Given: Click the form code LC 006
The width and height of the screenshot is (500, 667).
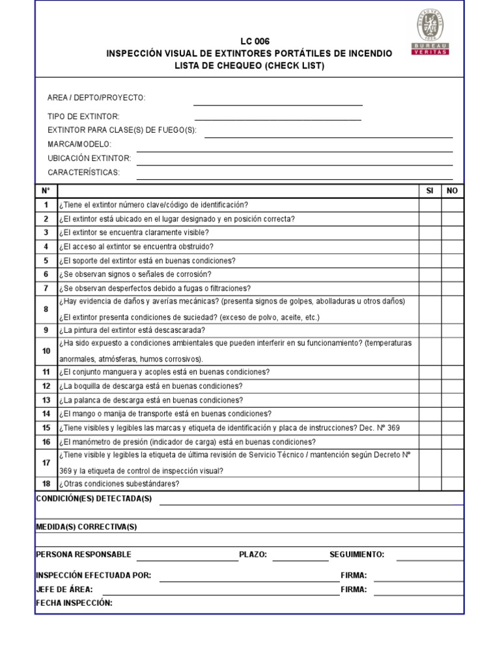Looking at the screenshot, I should pos(249,41).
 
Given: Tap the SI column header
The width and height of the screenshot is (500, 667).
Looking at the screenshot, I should pos(430,191).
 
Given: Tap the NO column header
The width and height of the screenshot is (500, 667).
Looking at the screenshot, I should pos(452,191).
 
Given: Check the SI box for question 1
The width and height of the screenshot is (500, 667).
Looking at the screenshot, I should pos(430,205).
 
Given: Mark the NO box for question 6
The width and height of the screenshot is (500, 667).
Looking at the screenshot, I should pos(452,274).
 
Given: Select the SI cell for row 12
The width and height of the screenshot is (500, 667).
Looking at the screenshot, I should pos(430,386).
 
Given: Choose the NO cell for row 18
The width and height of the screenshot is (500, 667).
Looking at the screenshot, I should pos(452,483).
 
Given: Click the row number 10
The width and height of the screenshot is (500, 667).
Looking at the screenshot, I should pos(46,351).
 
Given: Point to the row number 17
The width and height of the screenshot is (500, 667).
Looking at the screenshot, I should pos(46,462).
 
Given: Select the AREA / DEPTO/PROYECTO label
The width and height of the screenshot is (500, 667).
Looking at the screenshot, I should pos(96,98).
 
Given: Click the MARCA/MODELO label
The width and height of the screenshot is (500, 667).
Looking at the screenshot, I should pos(79,144).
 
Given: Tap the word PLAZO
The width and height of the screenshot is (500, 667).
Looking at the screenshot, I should pos(253,554).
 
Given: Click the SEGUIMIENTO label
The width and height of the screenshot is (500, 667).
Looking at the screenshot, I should pos(357,554).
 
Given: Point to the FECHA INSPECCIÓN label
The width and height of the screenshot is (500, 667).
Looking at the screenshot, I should pos(74,603).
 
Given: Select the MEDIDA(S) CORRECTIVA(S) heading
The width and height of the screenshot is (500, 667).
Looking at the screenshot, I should pos(87,526).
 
